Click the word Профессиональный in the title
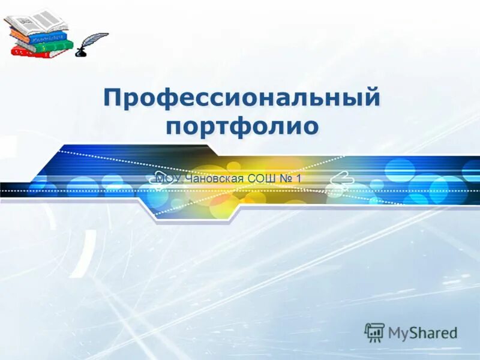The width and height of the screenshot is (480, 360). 241,98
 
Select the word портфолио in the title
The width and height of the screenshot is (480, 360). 241,127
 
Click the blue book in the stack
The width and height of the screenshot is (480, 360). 38,36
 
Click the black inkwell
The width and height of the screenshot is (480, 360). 80,53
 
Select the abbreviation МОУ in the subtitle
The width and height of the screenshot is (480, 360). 167,178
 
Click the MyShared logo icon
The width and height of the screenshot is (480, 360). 374,332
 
